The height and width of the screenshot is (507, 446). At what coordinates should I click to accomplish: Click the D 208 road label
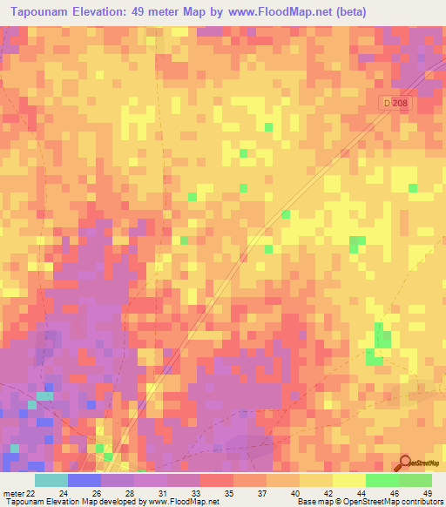pos(394,103)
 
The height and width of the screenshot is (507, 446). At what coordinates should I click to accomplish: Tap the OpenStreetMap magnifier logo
pos(406,463)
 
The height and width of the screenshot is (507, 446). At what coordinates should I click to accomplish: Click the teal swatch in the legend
pos(51,480)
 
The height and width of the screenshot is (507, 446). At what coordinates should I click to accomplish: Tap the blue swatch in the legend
pos(84,480)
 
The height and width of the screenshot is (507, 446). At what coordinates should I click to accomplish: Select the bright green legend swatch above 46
pos(382,480)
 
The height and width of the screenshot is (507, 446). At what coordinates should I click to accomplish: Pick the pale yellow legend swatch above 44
pos(348,480)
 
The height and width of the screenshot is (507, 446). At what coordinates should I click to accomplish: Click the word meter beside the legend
pos(12,492)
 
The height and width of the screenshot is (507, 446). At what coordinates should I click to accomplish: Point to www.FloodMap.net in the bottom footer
pos(183,502)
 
